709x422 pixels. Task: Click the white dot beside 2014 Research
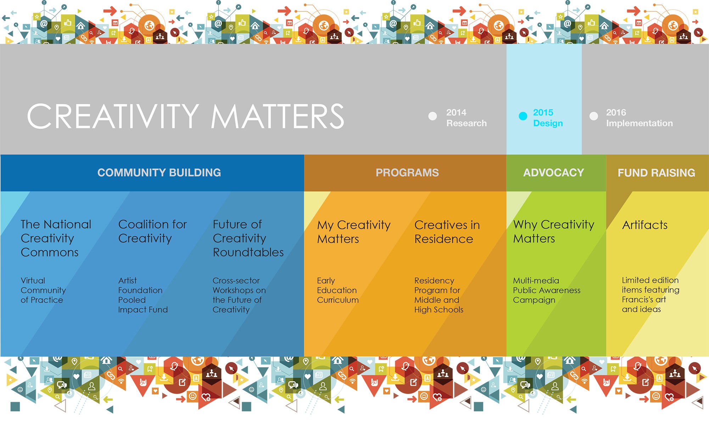[432, 116]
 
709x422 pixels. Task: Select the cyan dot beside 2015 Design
[523, 116]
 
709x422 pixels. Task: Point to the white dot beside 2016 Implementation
[594, 116]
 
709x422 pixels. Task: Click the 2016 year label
[616, 112]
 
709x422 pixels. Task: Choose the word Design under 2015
[548, 123]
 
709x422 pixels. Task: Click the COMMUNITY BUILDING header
[159, 173]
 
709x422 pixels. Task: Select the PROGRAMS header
[407, 173]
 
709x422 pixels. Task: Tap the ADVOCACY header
[554, 173]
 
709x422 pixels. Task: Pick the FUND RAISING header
[657, 173]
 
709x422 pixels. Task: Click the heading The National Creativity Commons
[56, 238]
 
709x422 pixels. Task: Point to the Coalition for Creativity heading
[152, 231]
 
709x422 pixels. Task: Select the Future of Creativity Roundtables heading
[248, 238]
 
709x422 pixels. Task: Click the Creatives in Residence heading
[447, 232]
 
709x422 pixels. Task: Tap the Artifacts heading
[645, 225]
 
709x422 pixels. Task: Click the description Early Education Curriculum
[338, 290]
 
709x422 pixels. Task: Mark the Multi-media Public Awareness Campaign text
[547, 290]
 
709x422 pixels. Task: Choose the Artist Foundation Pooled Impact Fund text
[143, 295]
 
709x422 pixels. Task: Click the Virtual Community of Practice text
[43, 290]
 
